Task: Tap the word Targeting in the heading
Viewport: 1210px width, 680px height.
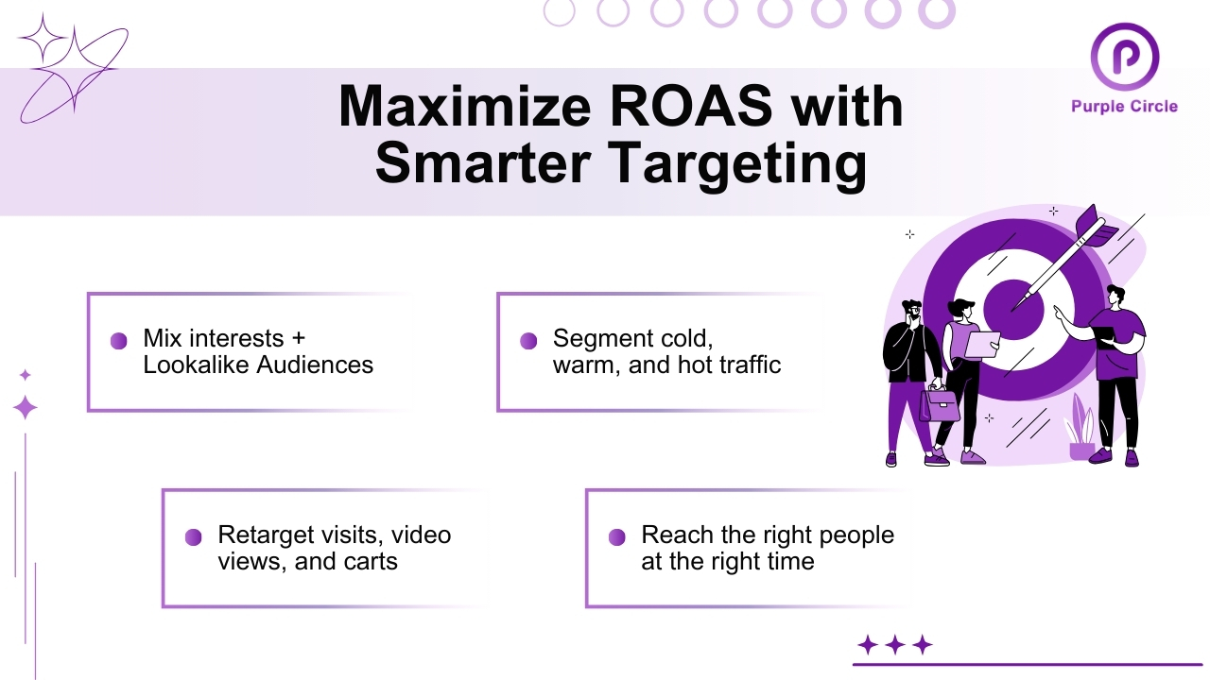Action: pyautogui.click(x=740, y=164)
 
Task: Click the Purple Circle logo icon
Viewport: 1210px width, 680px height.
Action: pyautogui.click(x=1124, y=57)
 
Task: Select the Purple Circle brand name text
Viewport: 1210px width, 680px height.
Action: pyautogui.click(x=1124, y=106)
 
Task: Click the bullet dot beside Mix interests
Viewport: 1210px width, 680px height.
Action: pyautogui.click(x=119, y=341)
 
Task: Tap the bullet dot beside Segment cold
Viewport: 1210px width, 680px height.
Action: pyautogui.click(x=528, y=341)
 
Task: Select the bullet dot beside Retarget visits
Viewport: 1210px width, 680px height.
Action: pyautogui.click(x=193, y=537)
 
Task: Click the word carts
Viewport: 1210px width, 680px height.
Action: pyautogui.click(x=370, y=561)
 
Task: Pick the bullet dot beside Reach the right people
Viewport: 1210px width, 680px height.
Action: pyautogui.click(x=616, y=537)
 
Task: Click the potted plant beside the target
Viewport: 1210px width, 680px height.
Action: pyautogui.click(x=1080, y=433)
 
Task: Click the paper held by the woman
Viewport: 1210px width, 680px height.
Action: pyautogui.click(x=980, y=345)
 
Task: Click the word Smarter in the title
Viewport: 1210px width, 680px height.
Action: pyautogui.click(x=482, y=164)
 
